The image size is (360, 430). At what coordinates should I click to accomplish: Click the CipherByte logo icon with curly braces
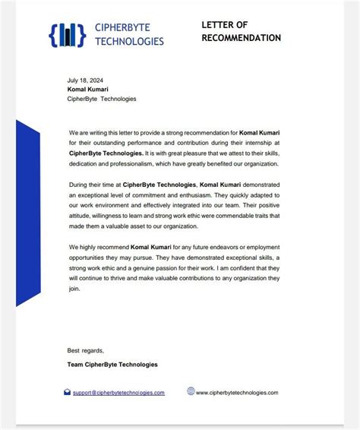pyautogui.click(x=67, y=34)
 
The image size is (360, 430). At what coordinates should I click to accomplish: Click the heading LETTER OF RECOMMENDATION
pyautogui.click(x=241, y=31)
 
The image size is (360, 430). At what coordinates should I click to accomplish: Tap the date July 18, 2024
pyautogui.click(x=84, y=79)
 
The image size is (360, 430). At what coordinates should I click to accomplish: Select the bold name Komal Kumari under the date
pyautogui.click(x=89, y=88)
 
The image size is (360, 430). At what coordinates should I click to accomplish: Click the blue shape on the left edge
pyautogui.click(x=27, y=213)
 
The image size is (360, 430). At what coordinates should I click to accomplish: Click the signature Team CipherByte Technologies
pyautogui.click(x=112, y=365)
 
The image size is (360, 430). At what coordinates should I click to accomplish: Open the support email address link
pyautogui.click(x=118, y=393)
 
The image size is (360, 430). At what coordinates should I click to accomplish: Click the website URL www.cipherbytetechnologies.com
pyautogui.click(x=237, y=393)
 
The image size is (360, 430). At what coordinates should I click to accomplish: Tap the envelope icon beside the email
pyautogui.click(x=68, y=392)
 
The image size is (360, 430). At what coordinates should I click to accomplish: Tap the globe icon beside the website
pyautogui.click(x=191, y=392)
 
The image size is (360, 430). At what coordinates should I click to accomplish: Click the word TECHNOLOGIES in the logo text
pyautogui.click(x=130, y=41)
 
